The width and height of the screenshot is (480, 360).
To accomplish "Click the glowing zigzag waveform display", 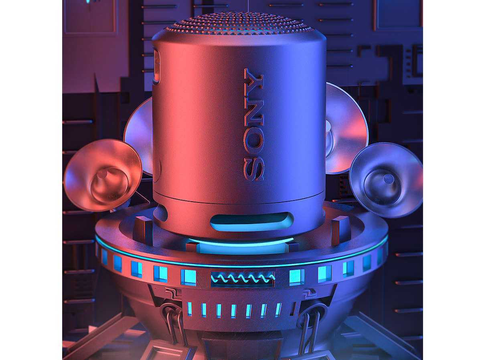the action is point(243,279).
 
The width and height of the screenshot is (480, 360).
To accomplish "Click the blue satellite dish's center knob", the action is point(389,178).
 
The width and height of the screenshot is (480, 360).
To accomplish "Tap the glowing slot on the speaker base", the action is point(252,222).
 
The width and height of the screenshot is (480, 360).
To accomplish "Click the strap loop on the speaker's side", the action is point(156,67).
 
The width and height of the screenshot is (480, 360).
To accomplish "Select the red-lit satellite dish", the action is point(103,175).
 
